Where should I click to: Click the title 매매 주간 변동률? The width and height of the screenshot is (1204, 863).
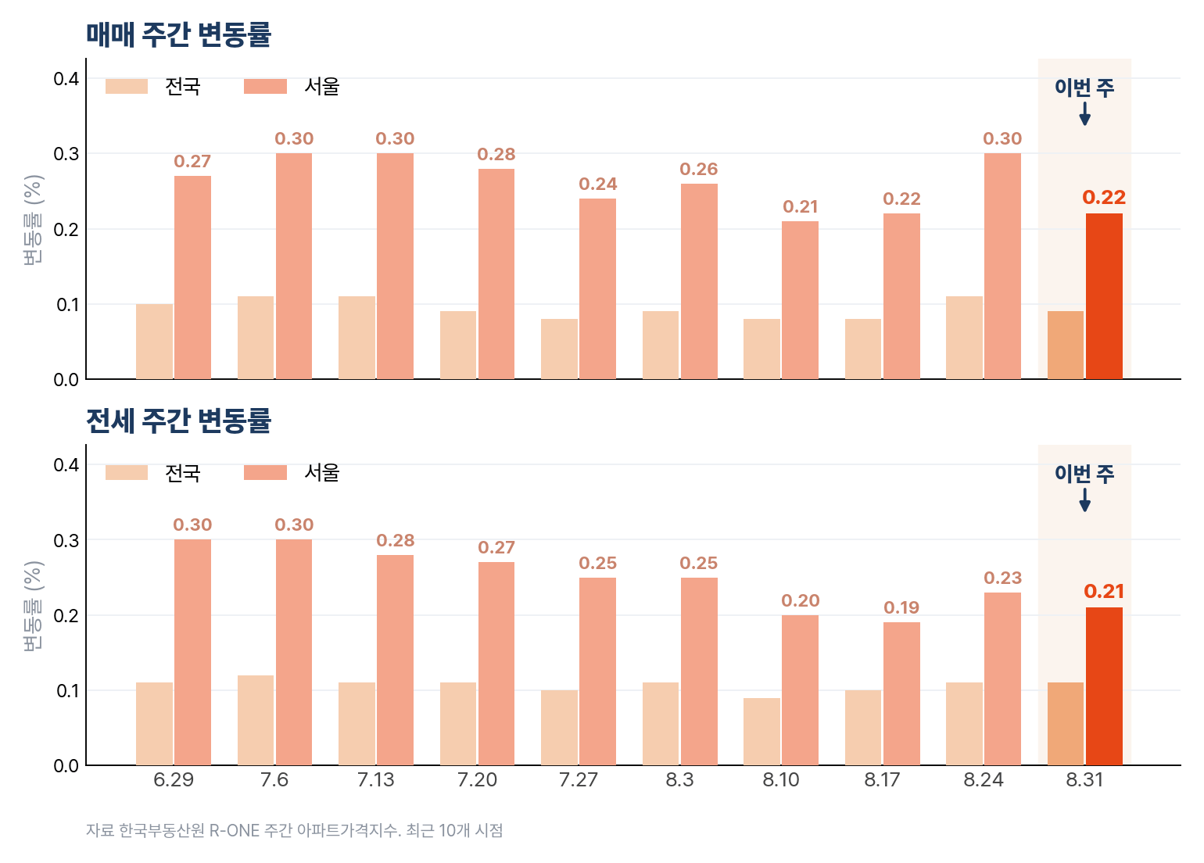click(x=178, y=35)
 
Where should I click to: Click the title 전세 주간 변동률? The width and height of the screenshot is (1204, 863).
click(x=178, y=421)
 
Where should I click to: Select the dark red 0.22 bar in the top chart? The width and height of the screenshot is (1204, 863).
click(x=1104, y=296)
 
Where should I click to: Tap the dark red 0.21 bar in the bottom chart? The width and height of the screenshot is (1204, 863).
click(x=1104, y=686)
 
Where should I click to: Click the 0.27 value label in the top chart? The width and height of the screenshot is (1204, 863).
click(x=192, y=161)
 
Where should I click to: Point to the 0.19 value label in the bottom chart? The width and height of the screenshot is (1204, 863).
click(x=901, y=607)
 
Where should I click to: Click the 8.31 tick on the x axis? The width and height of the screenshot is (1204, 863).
click(x=1084, y=779)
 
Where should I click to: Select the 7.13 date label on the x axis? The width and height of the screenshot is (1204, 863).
click(x=376, y=779)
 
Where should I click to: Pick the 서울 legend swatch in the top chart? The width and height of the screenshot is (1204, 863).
click(x=265, y=87)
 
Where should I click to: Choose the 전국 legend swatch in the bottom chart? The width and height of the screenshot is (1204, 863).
click(x=127, y=472)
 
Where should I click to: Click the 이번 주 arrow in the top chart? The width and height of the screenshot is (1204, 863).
click(x=1084, y=113)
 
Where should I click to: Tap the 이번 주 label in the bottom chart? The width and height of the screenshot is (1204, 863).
click(x=1084, y=474)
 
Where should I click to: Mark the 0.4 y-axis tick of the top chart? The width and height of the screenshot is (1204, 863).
click(x=66, y=79)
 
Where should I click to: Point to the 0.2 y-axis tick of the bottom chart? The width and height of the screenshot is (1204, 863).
click(x=66, y=615)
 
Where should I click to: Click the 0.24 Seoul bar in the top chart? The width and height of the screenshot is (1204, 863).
click(x=597, y=289)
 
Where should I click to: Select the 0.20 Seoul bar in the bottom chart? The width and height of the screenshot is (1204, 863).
click(x=800, y=690)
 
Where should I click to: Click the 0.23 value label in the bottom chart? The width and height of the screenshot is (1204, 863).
click(x=1002, y=578)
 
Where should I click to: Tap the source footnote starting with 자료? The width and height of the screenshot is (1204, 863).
click(x=295, y=830)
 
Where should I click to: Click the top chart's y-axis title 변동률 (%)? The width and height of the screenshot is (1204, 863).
click(x=33, y=220)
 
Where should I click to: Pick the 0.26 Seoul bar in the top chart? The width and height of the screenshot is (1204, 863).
click(x=699, y=281)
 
